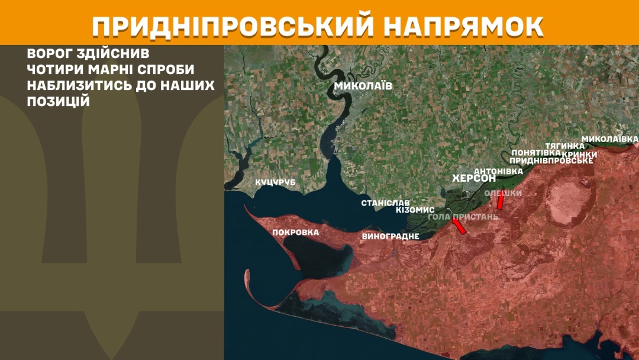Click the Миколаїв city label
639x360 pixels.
363,86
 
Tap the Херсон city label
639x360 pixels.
473,179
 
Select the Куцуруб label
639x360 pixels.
275,182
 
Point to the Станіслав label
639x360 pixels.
385,202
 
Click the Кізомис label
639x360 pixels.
415,210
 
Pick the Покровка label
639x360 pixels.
295,232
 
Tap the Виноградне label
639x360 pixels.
390,236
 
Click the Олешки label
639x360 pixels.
503,193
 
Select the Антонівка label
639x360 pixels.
498,171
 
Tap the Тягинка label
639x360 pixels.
564,146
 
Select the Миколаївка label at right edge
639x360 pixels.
609,139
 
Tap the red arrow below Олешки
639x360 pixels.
500,202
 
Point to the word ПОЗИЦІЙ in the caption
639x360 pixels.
57,101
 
